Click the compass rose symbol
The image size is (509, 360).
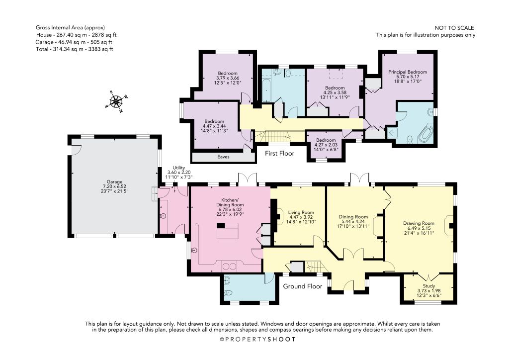(x=116, y=102)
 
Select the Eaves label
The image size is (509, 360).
(x=223, y=157)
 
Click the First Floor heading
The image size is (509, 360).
(x=279, y=153)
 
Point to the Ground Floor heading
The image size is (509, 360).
(x=303, y=286)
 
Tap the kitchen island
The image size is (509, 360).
(x=227, y=231)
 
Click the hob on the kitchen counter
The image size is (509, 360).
(x=230, y=267)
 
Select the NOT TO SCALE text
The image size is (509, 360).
(x=454, y=28)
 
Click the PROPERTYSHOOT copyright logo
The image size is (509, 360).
(x=258, y=340)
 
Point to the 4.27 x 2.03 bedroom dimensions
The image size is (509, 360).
(x=326, y=145)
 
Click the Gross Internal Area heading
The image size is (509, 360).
(x=71, y=28)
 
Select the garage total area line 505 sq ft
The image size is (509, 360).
(x=76, y=42)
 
